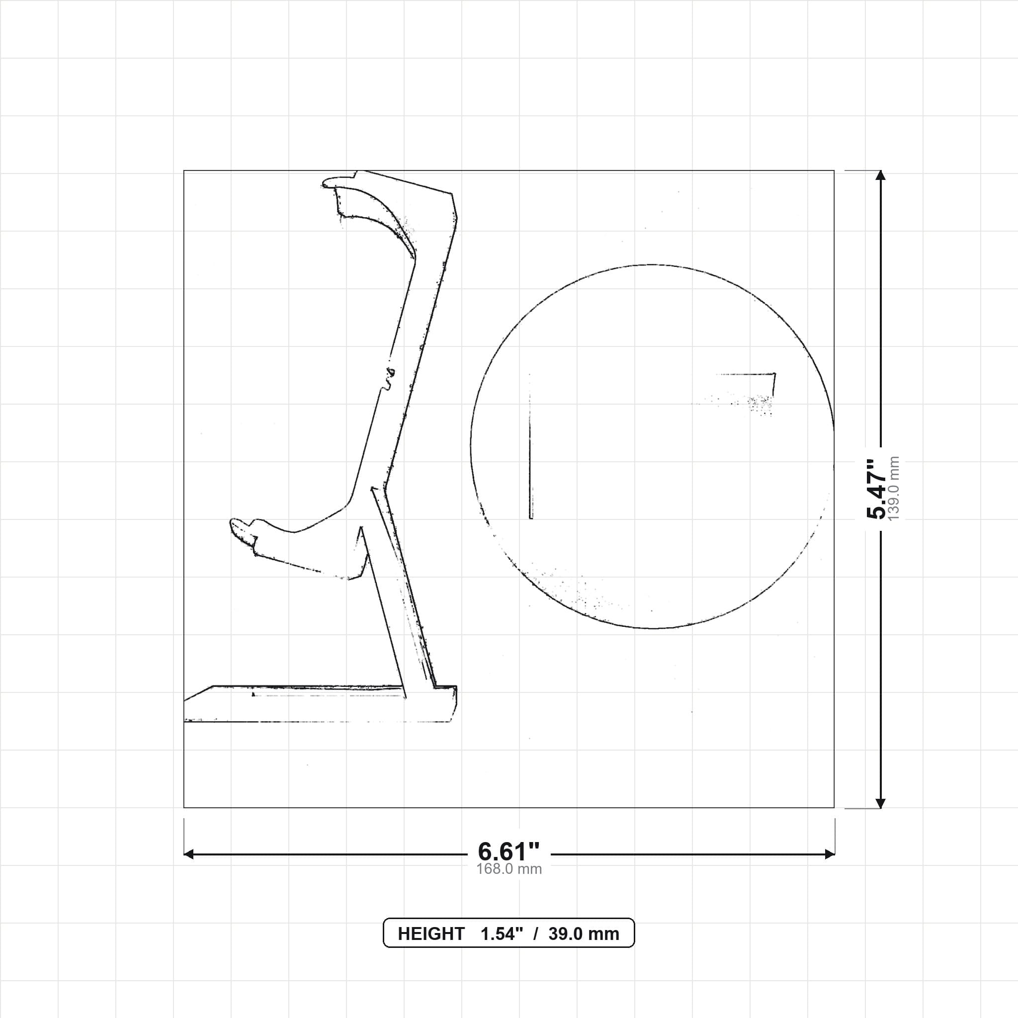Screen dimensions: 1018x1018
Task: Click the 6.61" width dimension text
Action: click(x=509, y=851)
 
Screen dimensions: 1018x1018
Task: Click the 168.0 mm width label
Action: click(x=509, y=869)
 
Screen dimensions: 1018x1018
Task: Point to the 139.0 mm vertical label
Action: click(x=894, y=489)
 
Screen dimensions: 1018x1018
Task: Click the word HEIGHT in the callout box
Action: click(x=431, y=933)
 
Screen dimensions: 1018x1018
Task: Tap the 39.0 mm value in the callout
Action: click(x=584, y=933)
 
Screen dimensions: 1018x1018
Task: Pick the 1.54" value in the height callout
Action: click(x=502, y=933)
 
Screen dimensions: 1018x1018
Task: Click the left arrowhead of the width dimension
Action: click(x=188, y=854)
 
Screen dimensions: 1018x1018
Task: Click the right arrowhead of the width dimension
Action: click(x=830, y=854)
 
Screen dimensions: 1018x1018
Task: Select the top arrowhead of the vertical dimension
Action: click(x=880, y=175)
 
